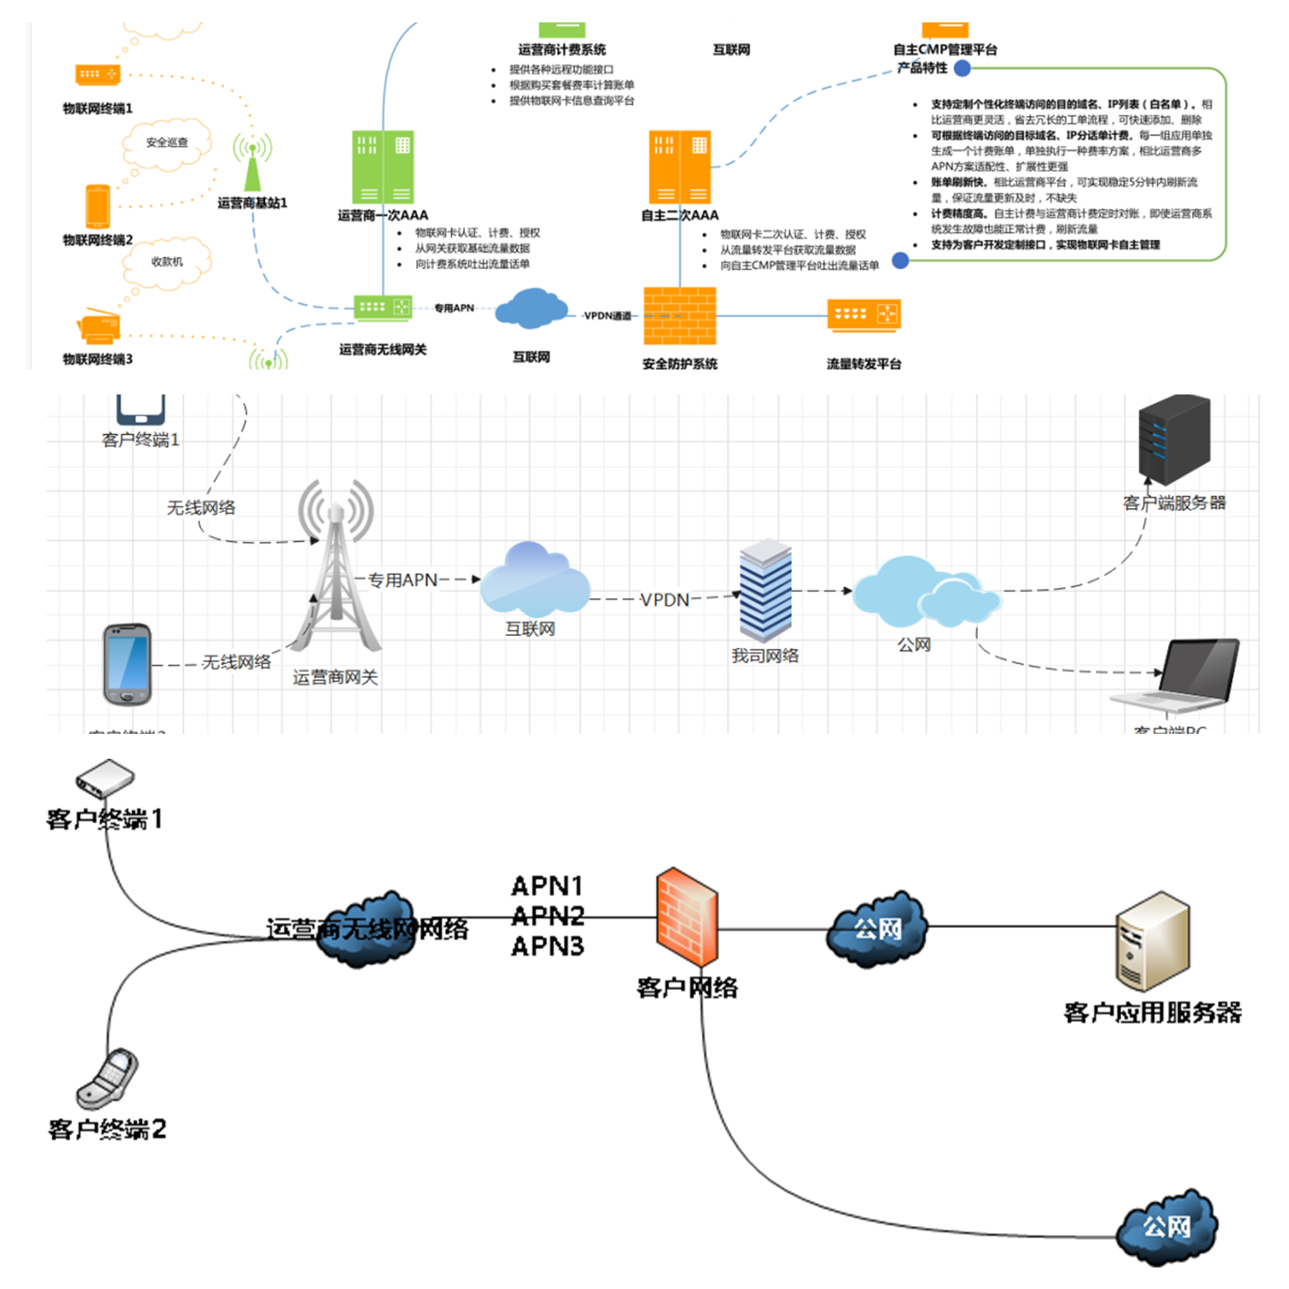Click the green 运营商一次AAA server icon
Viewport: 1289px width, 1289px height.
coord(382,167)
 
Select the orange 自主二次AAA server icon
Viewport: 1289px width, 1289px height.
coord(679,167)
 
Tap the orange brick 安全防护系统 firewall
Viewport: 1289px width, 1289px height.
coord(679,315)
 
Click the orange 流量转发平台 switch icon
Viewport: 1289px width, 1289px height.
coord(863,315)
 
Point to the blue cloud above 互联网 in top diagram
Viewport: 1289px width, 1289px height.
coord(531,309)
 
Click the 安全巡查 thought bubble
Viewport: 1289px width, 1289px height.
coord(167,144)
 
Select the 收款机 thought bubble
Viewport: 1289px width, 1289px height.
coord(167,262)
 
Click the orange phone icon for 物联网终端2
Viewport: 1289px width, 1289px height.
coord(97,206)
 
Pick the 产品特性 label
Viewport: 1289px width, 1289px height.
coord(922,68)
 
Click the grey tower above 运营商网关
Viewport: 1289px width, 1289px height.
coord(335,567)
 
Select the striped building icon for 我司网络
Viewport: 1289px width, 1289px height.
coord(765,591)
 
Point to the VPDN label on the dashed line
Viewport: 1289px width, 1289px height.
coord(664,600)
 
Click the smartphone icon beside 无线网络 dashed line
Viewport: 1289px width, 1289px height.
coord(127,663)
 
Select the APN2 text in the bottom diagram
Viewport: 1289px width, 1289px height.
coord(547,916)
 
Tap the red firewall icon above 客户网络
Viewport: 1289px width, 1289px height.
coord(687,917)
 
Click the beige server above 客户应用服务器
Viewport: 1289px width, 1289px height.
coord(1152,941)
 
